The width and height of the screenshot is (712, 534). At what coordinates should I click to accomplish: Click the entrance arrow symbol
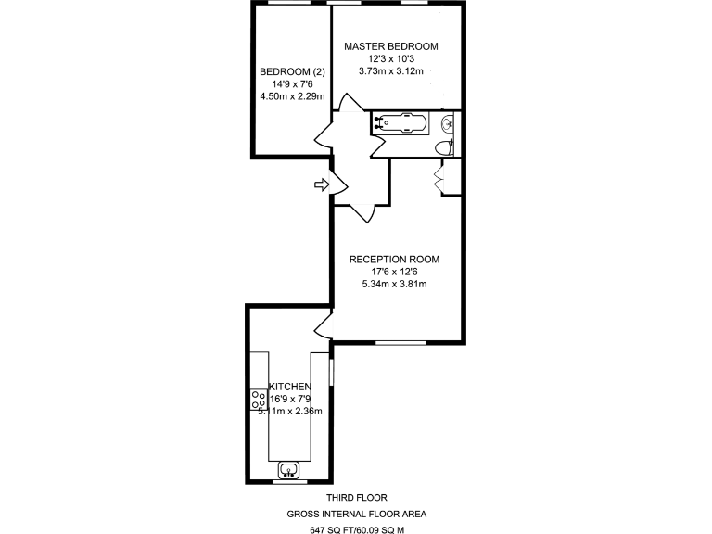pos(323,186)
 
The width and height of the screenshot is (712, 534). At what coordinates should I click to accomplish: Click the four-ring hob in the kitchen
pos(259,400)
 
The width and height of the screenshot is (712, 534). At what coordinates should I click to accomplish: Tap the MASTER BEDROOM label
pos(390,46)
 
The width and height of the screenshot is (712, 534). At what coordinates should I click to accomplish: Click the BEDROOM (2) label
pos(292,72)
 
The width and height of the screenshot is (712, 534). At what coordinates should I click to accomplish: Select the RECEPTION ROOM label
pos(394,260)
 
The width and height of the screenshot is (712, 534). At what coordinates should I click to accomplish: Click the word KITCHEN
pos(289,387)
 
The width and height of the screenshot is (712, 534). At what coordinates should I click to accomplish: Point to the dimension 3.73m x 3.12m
pos(390,70)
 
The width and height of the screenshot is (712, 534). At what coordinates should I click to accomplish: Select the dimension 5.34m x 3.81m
pos(394,284)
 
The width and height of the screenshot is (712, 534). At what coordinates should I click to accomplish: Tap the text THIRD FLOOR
pos(356,498)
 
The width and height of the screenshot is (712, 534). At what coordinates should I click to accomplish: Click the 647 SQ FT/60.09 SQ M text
pos(358,530)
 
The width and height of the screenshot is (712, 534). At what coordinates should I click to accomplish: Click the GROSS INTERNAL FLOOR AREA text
pos(357,514)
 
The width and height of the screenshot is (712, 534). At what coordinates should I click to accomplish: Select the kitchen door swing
pos(323,325)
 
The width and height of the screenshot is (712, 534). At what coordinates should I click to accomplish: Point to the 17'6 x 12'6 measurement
pos(394,272)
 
